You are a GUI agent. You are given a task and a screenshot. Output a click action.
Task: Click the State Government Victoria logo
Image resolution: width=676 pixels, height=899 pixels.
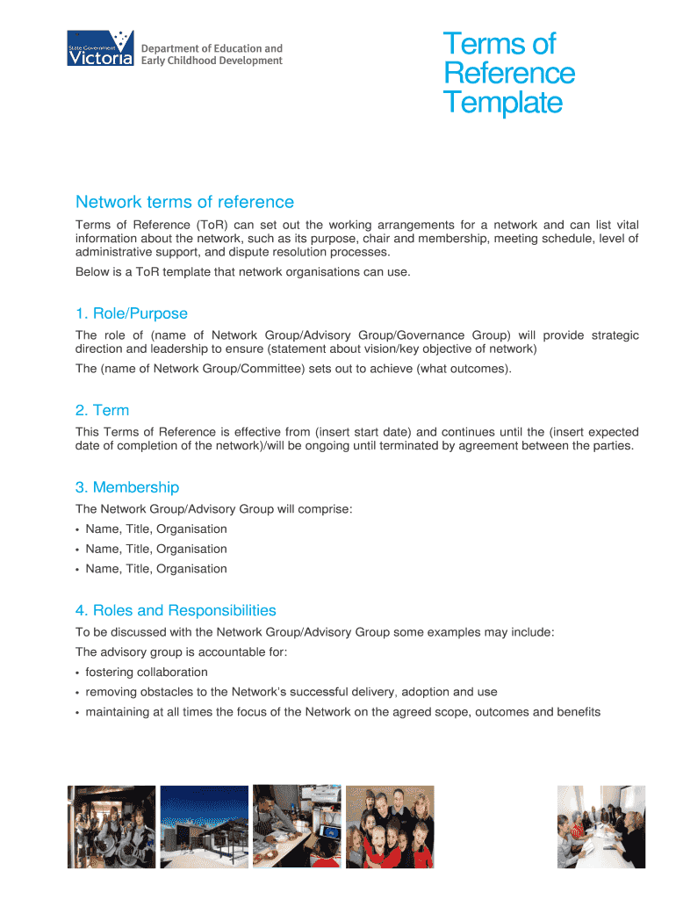pos(100,48)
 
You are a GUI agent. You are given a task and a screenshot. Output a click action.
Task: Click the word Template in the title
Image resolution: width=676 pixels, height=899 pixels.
pos(502,103)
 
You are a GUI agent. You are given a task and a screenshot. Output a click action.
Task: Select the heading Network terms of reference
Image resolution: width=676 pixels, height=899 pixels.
pos(184,203)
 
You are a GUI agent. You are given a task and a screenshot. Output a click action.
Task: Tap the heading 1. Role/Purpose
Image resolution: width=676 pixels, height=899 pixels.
pos(132,313)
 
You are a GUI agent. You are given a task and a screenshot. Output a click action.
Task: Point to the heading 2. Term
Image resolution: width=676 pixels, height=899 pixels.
pos(102,410)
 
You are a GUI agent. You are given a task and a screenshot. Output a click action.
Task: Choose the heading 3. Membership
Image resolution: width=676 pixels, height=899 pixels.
pos(127,487)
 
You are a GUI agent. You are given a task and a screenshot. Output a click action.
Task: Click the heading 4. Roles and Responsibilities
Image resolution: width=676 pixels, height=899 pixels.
pos(176,610)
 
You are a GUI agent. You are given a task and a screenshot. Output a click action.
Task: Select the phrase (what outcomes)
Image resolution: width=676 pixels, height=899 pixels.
pos(464,369)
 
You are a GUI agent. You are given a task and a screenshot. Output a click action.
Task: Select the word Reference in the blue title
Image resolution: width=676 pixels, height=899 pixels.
pos(509,73)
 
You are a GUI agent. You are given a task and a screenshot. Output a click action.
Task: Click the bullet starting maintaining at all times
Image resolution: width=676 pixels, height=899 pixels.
pos(342,712)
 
